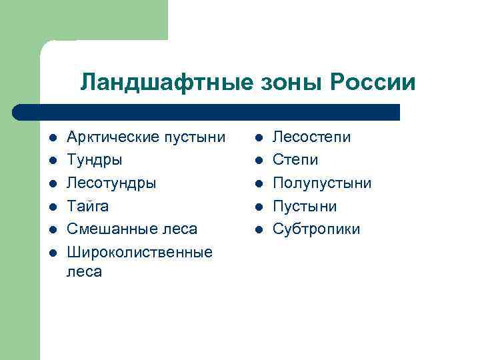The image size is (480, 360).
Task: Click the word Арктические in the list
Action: point(111,137)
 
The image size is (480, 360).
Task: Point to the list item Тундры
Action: point(95,160)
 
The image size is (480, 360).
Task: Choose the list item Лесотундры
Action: point(112,183)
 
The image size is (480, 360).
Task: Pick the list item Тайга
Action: point(88,206)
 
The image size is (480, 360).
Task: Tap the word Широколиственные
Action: point(140,252)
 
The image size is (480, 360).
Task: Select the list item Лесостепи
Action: point(312,137)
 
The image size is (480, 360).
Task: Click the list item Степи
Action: point(295,160)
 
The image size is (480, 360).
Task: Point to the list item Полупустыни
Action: point(322,183)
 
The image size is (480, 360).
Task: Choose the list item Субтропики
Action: point(317,229)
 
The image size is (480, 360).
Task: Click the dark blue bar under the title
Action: point(207,111)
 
